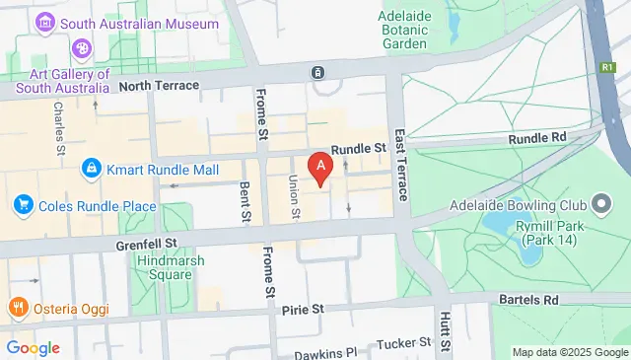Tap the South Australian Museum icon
tap(44, 22)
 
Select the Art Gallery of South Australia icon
tap(81, 47)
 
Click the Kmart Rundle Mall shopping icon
tap(92, 170)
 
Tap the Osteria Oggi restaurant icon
tap(17, 308)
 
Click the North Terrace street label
tap(159, 86)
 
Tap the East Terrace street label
tap(401, 164)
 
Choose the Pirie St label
tap(303, 309)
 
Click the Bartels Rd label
tap(536, 299)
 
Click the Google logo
tap(33, 347)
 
